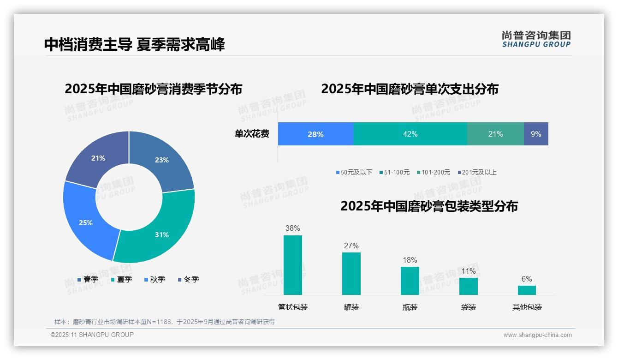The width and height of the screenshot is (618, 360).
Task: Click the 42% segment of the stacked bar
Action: (410, 134)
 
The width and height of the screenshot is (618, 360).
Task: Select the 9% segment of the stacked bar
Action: (536, 134)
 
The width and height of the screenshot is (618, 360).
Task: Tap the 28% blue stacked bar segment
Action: (315, 134)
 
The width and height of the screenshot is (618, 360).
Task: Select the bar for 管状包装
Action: (293, 265)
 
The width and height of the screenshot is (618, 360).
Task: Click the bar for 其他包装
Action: (527, 290)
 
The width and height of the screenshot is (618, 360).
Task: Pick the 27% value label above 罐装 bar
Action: (351, 246)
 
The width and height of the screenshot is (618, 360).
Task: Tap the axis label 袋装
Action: (469, 307)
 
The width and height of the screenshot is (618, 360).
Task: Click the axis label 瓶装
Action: (410, 307)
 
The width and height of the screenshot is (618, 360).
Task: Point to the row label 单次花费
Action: (252, 134)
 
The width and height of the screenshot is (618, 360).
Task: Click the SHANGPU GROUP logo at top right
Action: (536, 39)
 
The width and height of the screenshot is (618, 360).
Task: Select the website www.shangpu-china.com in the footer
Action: (537, 335)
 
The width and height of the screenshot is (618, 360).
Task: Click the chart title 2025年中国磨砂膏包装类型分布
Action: (429, 206)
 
